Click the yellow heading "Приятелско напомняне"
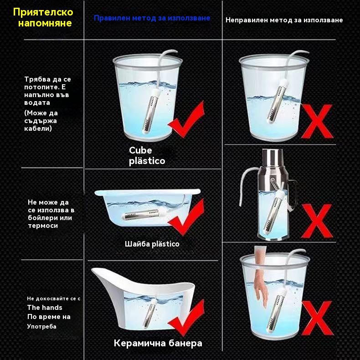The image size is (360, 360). point(43,17)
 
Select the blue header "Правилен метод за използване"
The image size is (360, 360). point(152,18)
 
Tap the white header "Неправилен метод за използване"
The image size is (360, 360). point(284,20)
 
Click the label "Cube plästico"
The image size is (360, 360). point(147,155)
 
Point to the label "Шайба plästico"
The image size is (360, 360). point(152,244)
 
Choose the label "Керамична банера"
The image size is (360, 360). point(158,343)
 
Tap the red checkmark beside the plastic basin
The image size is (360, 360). point(186,217)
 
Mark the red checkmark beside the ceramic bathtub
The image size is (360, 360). point(186,318)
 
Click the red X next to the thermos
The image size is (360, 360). point(317,221)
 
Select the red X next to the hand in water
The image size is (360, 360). point(317,318)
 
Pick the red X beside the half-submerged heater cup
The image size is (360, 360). point(317,121)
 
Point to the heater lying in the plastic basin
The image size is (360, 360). point(140,215)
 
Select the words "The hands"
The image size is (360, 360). point(45,308)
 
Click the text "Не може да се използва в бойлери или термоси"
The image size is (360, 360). point(51,214)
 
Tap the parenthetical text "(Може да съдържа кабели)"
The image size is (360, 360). point(41,121)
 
